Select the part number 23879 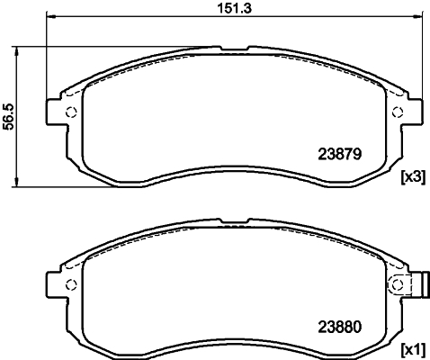coord(340,154)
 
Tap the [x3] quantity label coord(412,177)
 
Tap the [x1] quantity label coord(412,348)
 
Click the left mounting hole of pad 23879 coord(71,112)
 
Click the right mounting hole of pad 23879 coord(397,112)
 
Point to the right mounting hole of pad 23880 coord(397,285)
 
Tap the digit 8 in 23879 coord(339,154)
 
